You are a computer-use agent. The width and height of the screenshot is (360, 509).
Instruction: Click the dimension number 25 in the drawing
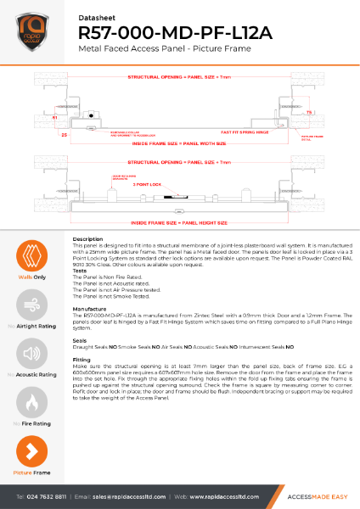40,134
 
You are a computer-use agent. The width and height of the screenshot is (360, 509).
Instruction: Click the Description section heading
88,240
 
